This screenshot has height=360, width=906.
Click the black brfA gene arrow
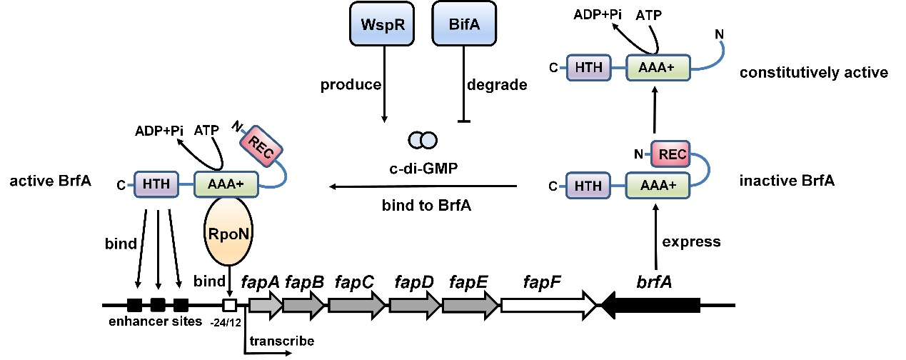(650, 305)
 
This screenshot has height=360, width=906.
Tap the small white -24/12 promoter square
(230, 305)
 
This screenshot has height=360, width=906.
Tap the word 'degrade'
(497, 86)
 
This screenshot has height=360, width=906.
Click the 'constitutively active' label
(813, 73)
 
